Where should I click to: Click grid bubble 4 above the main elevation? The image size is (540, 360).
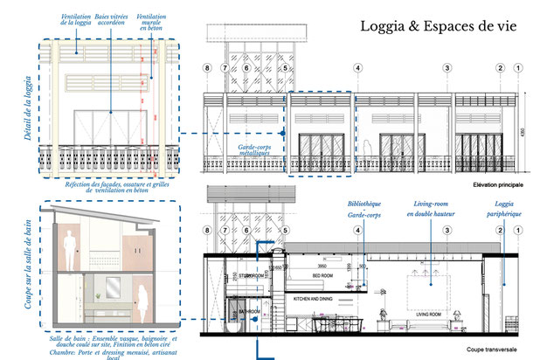coord(358,66)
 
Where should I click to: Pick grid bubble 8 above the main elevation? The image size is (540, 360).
coord(207,66)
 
